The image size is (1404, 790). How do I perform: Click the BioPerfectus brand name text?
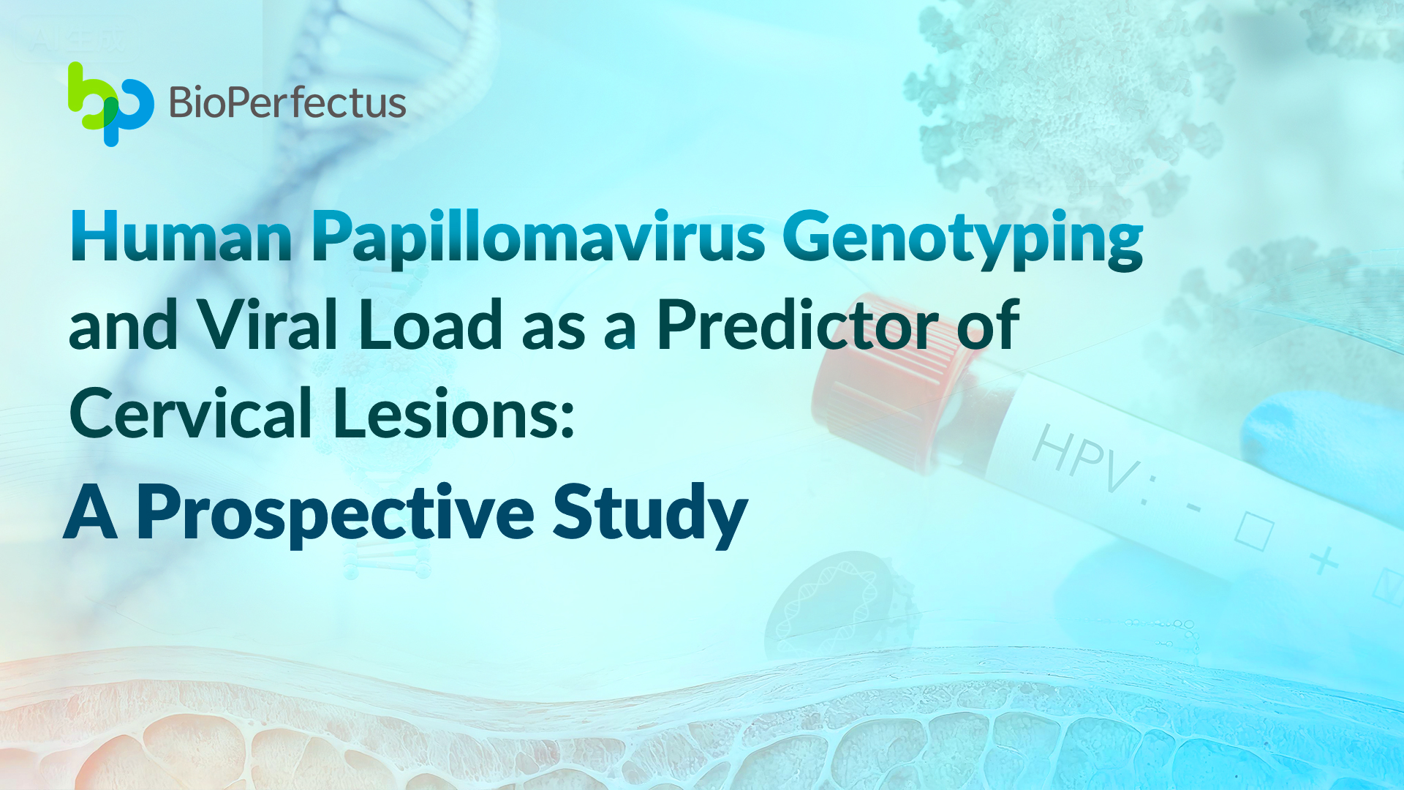(287, 102)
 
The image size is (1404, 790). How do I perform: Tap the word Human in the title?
(181, 236)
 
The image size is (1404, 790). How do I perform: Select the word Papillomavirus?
(539, 240)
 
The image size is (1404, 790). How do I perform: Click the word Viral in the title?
(268, 325)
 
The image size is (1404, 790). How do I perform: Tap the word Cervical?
(191, 413)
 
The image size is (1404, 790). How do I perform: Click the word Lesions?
(444, 413)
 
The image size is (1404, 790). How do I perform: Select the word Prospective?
(336, 515)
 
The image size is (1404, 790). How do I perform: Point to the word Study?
(650, 515)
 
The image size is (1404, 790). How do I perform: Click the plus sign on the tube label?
(1324, 561)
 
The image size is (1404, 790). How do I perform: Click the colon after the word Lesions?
(566, 421)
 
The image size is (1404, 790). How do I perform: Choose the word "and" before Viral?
(124, 325)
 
